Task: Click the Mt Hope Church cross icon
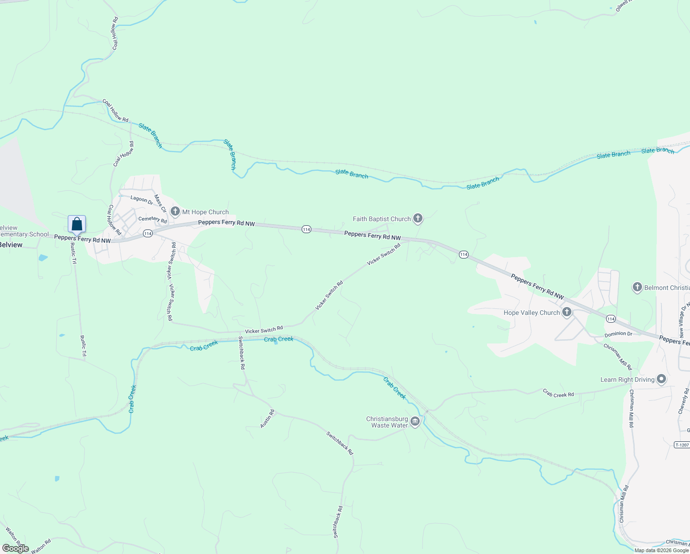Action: click(175, 211)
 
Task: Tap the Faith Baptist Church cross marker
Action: click(418, 218)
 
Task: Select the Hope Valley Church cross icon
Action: click(567, 312)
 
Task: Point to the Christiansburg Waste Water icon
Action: click(415, 422)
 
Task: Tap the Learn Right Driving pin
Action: click(661, 379)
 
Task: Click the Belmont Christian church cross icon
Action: click(637, 287)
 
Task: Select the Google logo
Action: click(15, 548)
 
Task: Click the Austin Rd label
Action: click(268, 418)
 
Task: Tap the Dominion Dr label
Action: click(619, 334)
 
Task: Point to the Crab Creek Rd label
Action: click(558, 393)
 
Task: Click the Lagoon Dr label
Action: click(142, 199)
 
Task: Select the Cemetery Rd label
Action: click(153, 220)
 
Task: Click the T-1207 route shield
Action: click(681, 445)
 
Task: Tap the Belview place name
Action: click(11, 245)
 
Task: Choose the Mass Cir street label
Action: click(161, 203)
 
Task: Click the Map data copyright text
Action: click(661, 550)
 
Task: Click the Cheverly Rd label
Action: click(683, 401)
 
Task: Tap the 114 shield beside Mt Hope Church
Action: click(148, 234)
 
